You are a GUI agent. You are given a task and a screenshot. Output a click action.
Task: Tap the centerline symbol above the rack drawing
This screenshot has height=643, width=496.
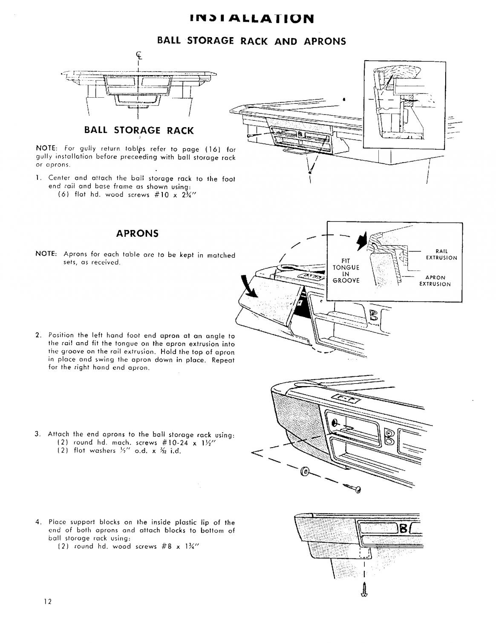(138, 55)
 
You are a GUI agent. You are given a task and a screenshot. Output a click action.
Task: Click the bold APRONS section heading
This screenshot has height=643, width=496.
(137, 233)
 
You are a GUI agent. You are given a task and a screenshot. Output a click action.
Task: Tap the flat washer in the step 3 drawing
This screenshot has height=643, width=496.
(305, 471)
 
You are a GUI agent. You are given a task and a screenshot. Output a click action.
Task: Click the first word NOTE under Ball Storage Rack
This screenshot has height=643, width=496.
(43, 149)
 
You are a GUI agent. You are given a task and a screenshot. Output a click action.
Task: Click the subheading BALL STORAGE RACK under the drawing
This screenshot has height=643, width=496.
(138, 130)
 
